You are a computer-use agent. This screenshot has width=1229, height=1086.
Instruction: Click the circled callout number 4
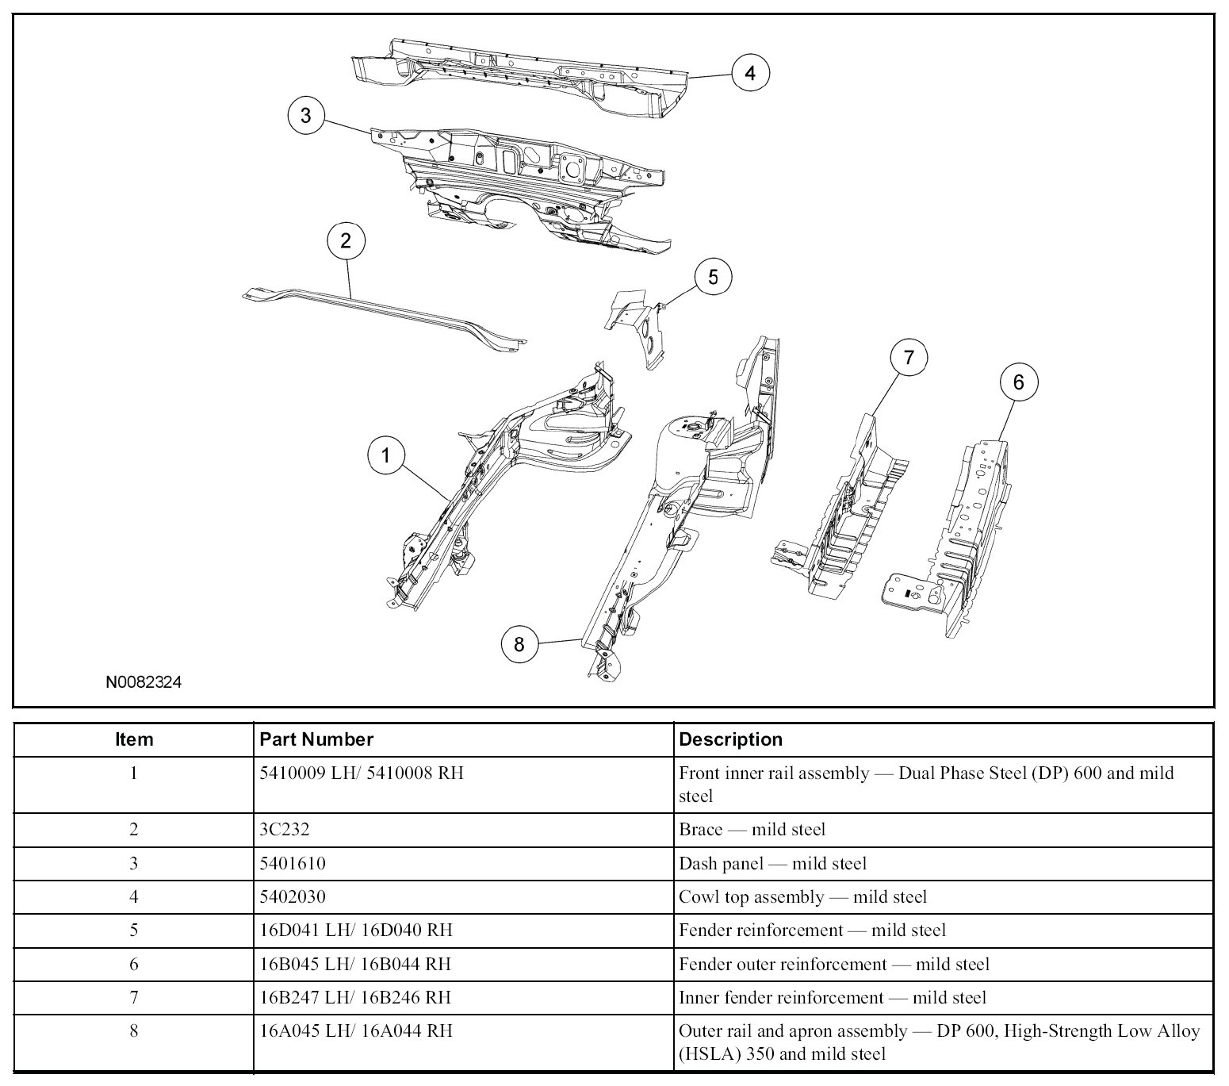pyautogui.click(x=749, y=74)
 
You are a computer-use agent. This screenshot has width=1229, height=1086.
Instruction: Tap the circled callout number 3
pyautogui.click(x=306, y=116)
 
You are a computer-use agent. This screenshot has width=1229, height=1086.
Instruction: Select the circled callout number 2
pyautogui.click(x=346, y=240)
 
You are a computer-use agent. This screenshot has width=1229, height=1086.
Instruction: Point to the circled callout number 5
pyautogui.click(x=713, y=278)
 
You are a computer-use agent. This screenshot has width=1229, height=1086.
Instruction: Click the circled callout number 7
pyautogui.click(x=909, y=358)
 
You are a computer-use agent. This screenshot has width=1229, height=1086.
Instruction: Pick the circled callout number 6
pyautogui.click(x=1018, y=382)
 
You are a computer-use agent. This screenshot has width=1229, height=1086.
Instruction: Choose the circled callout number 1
pyautogui.click(x=386, y=455)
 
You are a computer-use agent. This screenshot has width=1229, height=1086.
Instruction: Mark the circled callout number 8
pyautogui.click(x=519, y=644)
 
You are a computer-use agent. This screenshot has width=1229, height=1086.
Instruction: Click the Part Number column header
pyautogui.click(x=316, y=739)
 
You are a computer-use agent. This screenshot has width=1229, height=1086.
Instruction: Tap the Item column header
pyautogui.click(x=134, y=739)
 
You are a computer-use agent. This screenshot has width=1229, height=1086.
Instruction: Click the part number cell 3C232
pyautogui.click(x=284, y=830)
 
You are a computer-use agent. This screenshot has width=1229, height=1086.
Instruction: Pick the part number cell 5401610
pyautogui.click(x=292, y=863)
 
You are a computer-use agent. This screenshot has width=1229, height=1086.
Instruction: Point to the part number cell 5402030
pyautogui.click(x=292, y=896)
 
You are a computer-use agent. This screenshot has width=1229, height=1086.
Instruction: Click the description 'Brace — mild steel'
pyautogui.click(x=752, y=830)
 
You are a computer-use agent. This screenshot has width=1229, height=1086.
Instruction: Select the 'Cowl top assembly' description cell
pyautogui.click(x=802, y=896)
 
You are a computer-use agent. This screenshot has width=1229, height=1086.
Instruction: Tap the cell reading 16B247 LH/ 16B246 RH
pyautogui.click(x=356, y=997)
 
